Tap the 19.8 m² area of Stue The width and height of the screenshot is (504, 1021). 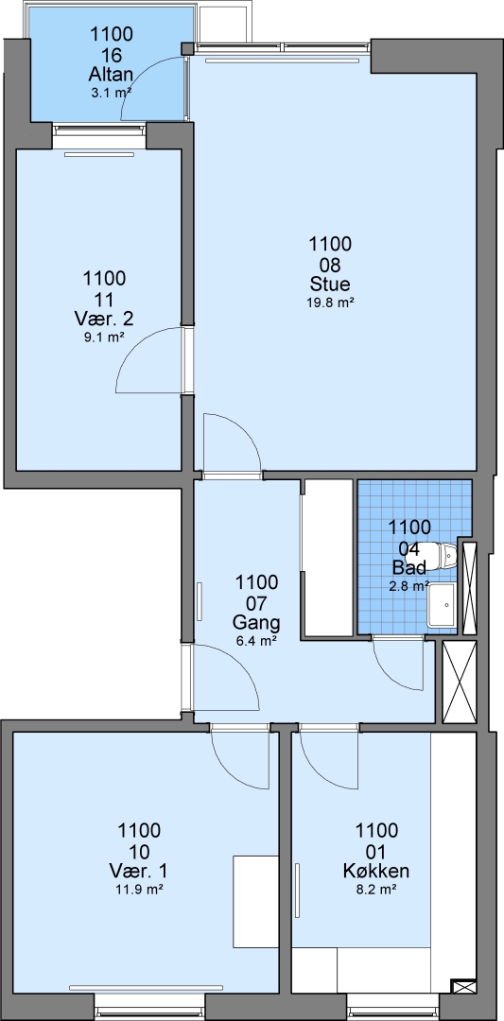tap(330, 302)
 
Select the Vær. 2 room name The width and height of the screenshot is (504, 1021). tap(104, 320)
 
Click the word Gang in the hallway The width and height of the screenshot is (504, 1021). tap(256, 622)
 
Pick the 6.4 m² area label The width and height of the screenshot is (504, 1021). tap(256, 640)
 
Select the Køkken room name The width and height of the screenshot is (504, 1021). tap(376, 872)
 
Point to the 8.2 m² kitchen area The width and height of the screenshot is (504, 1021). tap(376, 888)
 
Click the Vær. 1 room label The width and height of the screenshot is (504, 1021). tap(139, 872)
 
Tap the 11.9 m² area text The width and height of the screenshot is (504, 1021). tap(139, 888)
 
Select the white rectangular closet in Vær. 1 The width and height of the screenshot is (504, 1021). tap(255, 902)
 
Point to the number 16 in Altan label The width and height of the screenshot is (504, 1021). tap(113, 53)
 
